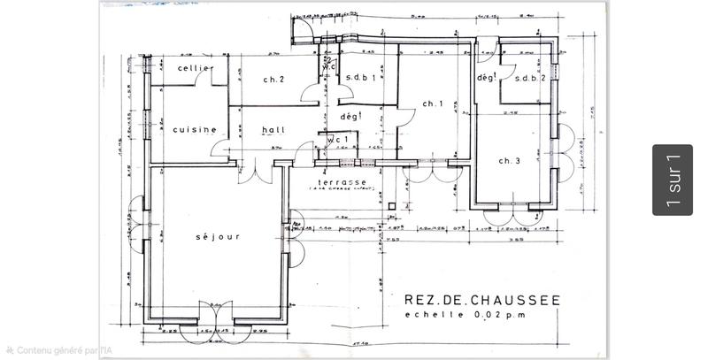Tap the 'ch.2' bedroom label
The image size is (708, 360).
[273, 80]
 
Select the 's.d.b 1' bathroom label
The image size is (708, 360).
[363, 78]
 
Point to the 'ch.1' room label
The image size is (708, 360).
[432, 104]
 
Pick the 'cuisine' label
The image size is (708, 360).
[195, 129]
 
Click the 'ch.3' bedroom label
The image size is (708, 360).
[510, 160]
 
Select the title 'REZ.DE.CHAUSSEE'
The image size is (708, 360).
[481, 301]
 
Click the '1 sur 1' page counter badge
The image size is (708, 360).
[673, 180]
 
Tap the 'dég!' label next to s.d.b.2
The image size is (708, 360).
[485, 77]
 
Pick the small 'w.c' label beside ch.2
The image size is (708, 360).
[328, 67]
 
